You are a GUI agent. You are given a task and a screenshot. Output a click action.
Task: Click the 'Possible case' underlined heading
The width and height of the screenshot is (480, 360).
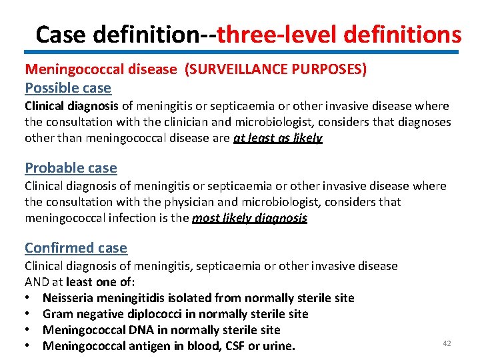pyautogui.click(x=68, y=88)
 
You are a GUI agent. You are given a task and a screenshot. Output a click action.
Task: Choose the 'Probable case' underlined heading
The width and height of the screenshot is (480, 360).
pyautogui.click(x=71, y=168)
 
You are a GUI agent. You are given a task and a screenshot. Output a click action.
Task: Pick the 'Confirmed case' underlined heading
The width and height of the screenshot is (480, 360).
pyautogui.click(x=76, y=248)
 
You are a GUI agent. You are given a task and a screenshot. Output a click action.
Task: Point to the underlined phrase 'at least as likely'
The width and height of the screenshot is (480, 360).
pyautogui.click(x=278, y=138)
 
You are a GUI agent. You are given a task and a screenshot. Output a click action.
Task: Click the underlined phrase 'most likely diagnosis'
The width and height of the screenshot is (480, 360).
pyautogui.click(x=249, y=218)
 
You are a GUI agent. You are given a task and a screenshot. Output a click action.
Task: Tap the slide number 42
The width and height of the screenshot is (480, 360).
pyautogui.click(x=447, y=343)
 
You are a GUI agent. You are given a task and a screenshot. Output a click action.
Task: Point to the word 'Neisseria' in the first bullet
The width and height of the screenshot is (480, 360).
pyautogui.click(x=69, y=298)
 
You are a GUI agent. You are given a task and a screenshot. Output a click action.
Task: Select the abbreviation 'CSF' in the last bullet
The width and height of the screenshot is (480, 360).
pyautogui.click(x=230, y=346)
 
